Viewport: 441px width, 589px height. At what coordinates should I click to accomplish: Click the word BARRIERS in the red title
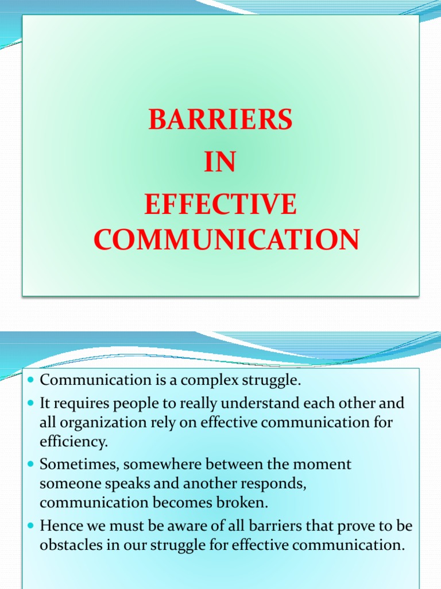220,120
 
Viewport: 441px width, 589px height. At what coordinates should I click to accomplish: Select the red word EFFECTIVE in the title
220,205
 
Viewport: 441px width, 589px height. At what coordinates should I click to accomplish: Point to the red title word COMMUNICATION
226,239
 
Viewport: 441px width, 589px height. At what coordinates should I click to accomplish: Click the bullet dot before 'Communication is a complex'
31,381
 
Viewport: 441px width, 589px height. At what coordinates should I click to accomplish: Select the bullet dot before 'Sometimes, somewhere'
31,464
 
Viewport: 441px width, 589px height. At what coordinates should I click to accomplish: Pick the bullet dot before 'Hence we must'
31,525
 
